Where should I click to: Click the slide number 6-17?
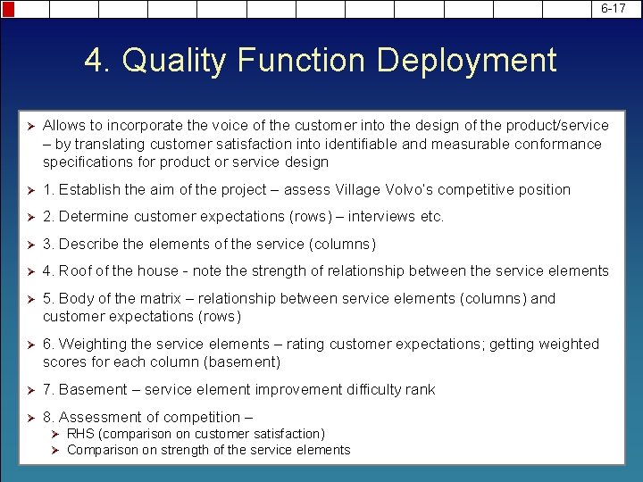point(614,8)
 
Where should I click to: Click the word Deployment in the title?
point(466,61)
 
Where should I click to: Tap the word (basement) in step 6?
point(242,361)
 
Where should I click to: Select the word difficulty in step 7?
point(372,390)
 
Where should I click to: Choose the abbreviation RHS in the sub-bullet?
point(80,434)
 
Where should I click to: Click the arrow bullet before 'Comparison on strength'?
point(54,450)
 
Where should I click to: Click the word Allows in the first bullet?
point(63,126)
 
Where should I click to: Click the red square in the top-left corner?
point(7,9)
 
